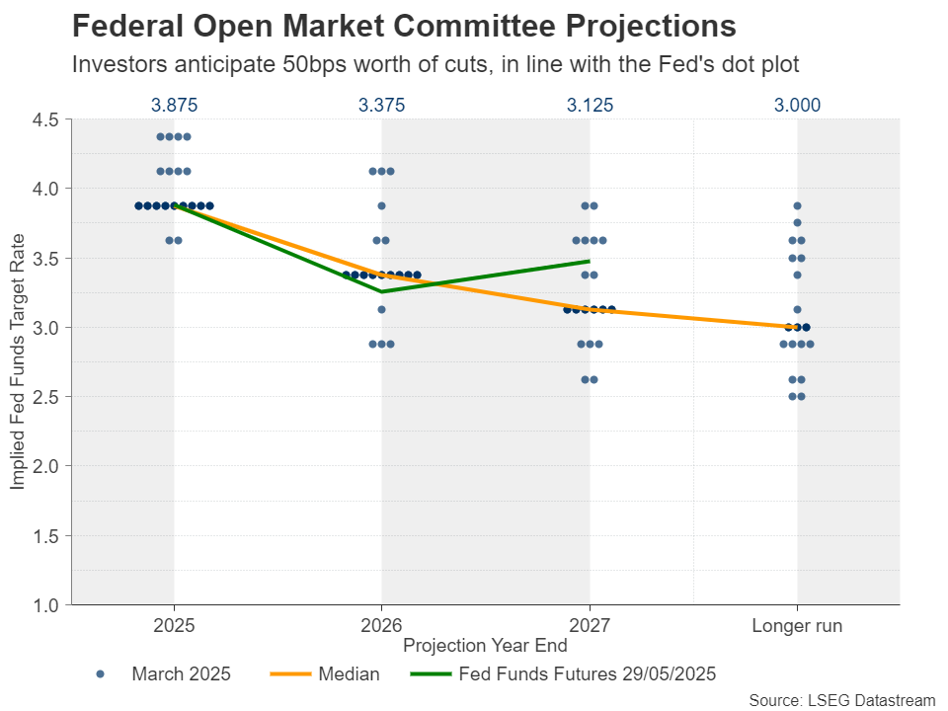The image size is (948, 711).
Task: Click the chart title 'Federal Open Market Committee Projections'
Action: click(405, 26)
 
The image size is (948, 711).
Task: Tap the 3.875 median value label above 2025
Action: click(174, 105)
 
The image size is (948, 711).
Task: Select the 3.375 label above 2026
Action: click(381, 105)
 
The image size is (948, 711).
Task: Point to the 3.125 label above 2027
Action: click(590, 105)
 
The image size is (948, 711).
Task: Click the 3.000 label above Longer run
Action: click(797, 105)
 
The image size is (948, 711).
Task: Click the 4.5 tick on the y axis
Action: click(46, 119)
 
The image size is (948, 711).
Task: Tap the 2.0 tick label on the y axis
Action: click(46, 466)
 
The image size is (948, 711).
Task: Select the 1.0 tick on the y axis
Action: click(46, 604)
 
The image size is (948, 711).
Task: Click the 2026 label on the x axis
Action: click(381, 626)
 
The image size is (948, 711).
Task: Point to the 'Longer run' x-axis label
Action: click(797, 626)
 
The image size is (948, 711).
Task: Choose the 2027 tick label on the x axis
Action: click(590, 626)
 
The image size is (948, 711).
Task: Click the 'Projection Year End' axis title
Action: click(485, 646)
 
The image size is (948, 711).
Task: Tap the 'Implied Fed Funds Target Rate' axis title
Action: click(18, 361)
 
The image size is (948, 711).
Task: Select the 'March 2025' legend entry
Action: click(181, 674)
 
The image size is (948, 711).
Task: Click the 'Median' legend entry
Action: click(349, 674)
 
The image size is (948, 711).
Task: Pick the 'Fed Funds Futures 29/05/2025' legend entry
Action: click(587, 674)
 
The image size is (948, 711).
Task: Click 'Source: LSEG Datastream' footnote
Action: click(841, 699)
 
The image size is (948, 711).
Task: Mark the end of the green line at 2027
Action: click(590, 261)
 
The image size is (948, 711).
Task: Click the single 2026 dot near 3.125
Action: click(381, 309)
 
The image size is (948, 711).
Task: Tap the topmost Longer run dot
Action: click(797, 205)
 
